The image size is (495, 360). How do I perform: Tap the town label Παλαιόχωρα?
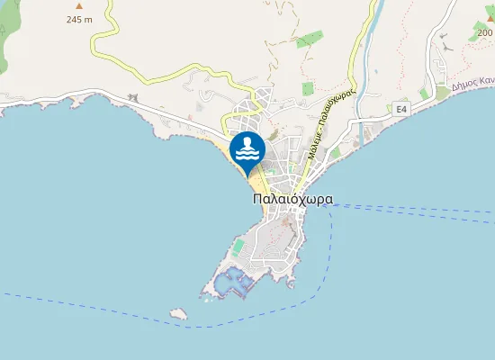293,200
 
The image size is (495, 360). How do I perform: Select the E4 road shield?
401,109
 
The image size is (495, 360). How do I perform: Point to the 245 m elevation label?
78,21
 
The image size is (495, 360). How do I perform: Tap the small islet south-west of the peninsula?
178,314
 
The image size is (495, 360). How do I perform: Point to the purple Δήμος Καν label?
473,83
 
